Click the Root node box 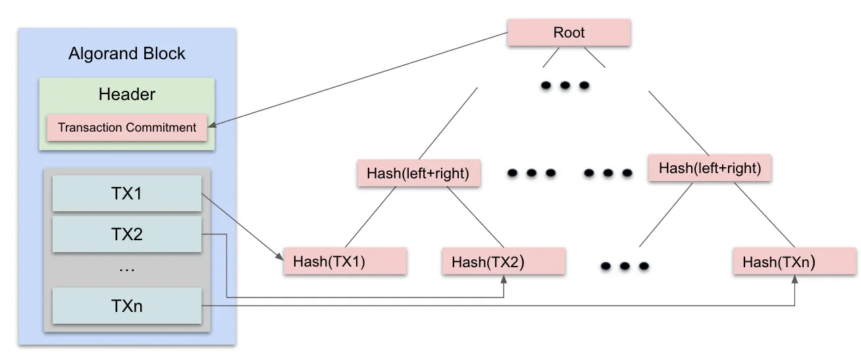569,33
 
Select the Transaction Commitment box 127,128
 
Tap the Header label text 127,94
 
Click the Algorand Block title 127,53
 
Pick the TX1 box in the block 127,193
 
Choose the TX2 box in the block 127,234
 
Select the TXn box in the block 127,306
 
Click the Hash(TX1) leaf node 345,261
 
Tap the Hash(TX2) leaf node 504,261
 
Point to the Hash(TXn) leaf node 795,261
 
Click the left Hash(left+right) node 418,174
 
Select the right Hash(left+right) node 710,168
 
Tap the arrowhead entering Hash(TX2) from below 504,279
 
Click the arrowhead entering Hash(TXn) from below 795,279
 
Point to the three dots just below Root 565,86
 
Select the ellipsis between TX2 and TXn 127,269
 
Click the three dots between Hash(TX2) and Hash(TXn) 625,267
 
